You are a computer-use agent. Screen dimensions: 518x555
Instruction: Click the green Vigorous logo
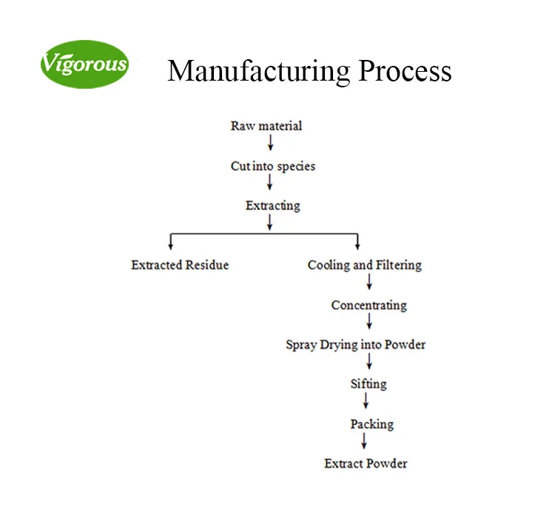pos(84,64)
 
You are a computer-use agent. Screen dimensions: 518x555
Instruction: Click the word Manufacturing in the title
pos(259,71)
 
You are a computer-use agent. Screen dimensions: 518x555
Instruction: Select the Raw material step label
pos(266,126)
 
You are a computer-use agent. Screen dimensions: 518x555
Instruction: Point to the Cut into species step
pos(273,166)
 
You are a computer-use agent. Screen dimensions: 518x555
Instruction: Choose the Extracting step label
pos(273,206)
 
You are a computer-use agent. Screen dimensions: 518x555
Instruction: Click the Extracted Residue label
pos(180,265)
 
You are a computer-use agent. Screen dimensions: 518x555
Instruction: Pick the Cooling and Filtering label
pos(365,265)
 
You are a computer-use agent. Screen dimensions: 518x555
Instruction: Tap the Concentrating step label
pos(369,305)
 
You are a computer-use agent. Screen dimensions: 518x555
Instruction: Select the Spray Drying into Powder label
pos(356,345)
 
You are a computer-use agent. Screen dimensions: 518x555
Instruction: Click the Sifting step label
pos(369,384)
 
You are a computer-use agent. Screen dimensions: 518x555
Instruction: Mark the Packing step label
pos(371,425)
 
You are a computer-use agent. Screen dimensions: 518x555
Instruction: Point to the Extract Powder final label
pos(366,464)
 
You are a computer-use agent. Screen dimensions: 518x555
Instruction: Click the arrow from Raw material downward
pos(270,143)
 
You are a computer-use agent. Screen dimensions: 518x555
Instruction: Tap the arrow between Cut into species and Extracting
pos(270,183)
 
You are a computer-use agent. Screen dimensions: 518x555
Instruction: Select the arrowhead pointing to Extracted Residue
pos(172,245)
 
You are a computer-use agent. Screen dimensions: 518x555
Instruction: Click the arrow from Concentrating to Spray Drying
pos(369,321)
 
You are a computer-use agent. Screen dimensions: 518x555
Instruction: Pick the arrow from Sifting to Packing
pos(365,401)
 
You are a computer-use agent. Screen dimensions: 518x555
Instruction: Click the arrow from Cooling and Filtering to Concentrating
pos(369,281)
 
